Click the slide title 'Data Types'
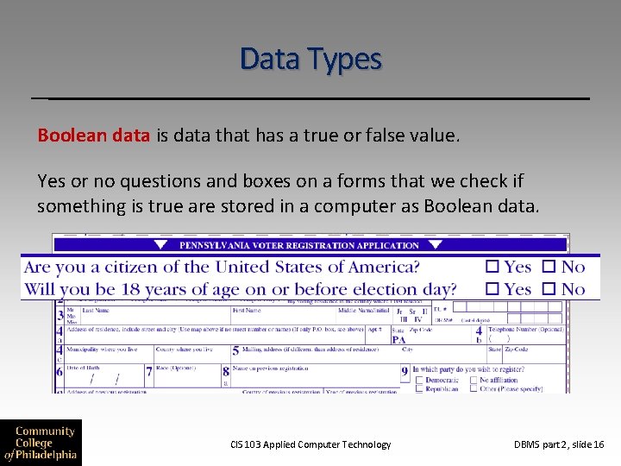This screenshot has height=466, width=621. [x=310, y=59]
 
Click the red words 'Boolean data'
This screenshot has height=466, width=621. [x=94, y=136]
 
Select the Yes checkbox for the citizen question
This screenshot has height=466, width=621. [x=492, y=268]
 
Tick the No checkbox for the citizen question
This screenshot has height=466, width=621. [x=549, y=268]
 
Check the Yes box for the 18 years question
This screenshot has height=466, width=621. [x=492, y=289]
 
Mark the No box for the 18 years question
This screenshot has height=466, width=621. [x=549, y=289]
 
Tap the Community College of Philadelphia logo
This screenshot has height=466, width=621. [x=41, y=442]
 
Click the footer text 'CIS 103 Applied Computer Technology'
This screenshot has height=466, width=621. [x=310, y=444]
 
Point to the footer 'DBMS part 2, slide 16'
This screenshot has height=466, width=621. [x=559, y=444]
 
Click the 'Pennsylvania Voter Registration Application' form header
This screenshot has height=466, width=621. [x=298, y=245]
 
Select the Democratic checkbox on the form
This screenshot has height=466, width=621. [x=419, y=380]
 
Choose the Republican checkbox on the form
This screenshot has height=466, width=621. [x=419, y=388]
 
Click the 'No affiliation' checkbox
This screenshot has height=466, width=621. [x=474, y=380]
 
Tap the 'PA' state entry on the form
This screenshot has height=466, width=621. [x=399, y=339]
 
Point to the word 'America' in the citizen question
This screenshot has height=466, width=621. [x=380, y=268]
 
